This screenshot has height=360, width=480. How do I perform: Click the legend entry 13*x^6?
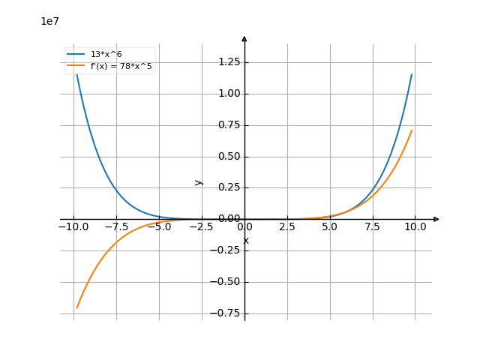click(106, 55)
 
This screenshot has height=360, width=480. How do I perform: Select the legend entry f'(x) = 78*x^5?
click(121, 66)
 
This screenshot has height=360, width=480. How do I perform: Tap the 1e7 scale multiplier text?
click(49, 21)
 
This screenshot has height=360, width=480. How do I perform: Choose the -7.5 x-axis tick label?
click(115, 226)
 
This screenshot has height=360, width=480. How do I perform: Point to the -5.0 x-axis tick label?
click(158, 226)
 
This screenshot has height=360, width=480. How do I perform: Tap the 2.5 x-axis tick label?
click(287, 226)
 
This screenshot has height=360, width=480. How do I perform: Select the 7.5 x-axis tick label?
click(373, 226)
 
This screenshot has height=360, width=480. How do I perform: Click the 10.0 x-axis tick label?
click(415, 226)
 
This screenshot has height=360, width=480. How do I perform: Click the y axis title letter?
click(198, 181)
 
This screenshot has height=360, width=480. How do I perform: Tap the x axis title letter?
click(246, 240)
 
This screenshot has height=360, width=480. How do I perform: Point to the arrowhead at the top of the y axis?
click(244, 38)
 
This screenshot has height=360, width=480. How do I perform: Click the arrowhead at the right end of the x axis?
click(436, 219)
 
